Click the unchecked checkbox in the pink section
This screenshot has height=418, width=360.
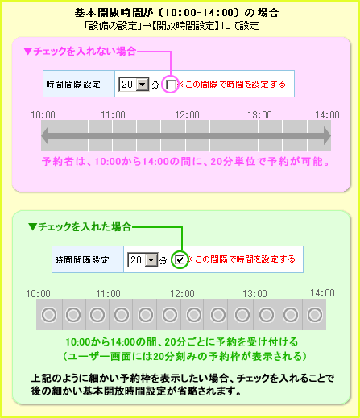click(x=171, y=85)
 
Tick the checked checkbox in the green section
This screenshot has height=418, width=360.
click(x=180, y=259)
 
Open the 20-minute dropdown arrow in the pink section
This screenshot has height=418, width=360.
click(x=143, y=85)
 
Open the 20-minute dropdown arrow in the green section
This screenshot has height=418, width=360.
click(x=151, y=259)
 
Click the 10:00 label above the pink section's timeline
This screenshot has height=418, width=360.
click(x=43, y=115)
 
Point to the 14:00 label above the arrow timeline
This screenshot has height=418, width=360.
click(x=327, y=115)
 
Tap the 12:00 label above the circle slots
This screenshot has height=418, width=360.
click(x=182, y=293)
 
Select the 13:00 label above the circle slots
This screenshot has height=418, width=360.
click(x=254, y=293)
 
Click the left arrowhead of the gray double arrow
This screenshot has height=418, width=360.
click(x=45, y=135)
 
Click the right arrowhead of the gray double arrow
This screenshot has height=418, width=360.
click(x=327, y=135)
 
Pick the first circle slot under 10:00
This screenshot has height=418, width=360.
click(x=49, y=314)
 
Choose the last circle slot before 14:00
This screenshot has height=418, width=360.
click(x=315, y=314)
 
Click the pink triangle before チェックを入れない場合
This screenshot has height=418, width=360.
click(x=27, y=51)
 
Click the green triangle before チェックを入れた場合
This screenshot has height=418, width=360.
click(x=32, y=227)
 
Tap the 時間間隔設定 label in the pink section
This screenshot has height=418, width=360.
click(x=73, y=85)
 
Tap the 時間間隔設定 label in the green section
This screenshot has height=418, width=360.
click(x=82, y=259)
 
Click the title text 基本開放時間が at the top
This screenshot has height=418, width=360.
click(x=114, y=13)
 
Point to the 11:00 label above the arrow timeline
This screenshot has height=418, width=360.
click(x=113, y=115)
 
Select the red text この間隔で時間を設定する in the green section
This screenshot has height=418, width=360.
click(x=245, y=259)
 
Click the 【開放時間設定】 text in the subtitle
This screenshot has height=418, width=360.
click(x=185, y=26)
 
